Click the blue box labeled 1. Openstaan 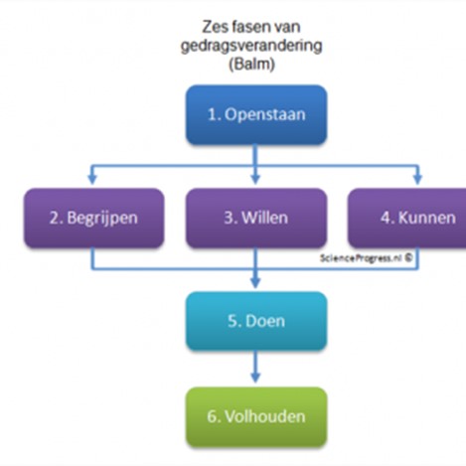(x=256, y=114)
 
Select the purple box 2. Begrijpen (x=93, y=219)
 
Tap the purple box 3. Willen (x=256, y=219)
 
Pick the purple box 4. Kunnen (x=407, y=219)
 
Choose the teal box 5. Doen (x=256, y=321)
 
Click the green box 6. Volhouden (x=256, y=417)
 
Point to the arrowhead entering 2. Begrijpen (x=92, y=179)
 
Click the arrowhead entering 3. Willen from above (x=255, y=179)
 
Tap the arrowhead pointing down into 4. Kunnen (x=417, y=179)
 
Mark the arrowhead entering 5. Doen (x=255, y=282)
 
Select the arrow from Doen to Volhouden (x=255, y=367)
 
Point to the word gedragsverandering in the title (x=251, y=46)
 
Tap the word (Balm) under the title (x=251, y=64)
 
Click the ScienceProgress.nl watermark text (x=361, y=258)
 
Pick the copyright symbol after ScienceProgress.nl (x=408, y=257)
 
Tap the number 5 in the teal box (x=232, y=321)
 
